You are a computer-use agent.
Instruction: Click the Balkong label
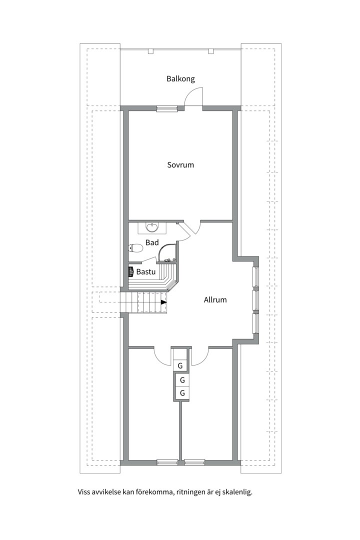tap(180, 79)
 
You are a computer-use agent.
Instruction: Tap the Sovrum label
tap(180, 164)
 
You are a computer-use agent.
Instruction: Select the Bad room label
tap(152, 242)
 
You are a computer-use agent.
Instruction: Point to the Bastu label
tap(145, 271)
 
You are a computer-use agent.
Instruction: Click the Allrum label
tap(215, 299)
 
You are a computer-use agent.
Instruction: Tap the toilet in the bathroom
tap(135, 248)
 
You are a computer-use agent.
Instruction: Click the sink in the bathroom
tap(152, 227)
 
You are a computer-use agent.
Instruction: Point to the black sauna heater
tap(131, 271)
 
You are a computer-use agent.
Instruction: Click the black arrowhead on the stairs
tap(163, 302)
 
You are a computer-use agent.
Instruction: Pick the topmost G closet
tap(180, 365)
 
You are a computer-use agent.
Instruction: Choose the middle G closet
tap(182, 380)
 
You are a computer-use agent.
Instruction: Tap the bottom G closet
tap(182, 393)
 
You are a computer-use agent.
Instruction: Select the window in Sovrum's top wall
tap(167, 108)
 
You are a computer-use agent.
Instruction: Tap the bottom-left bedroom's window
tap(167, 462)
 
